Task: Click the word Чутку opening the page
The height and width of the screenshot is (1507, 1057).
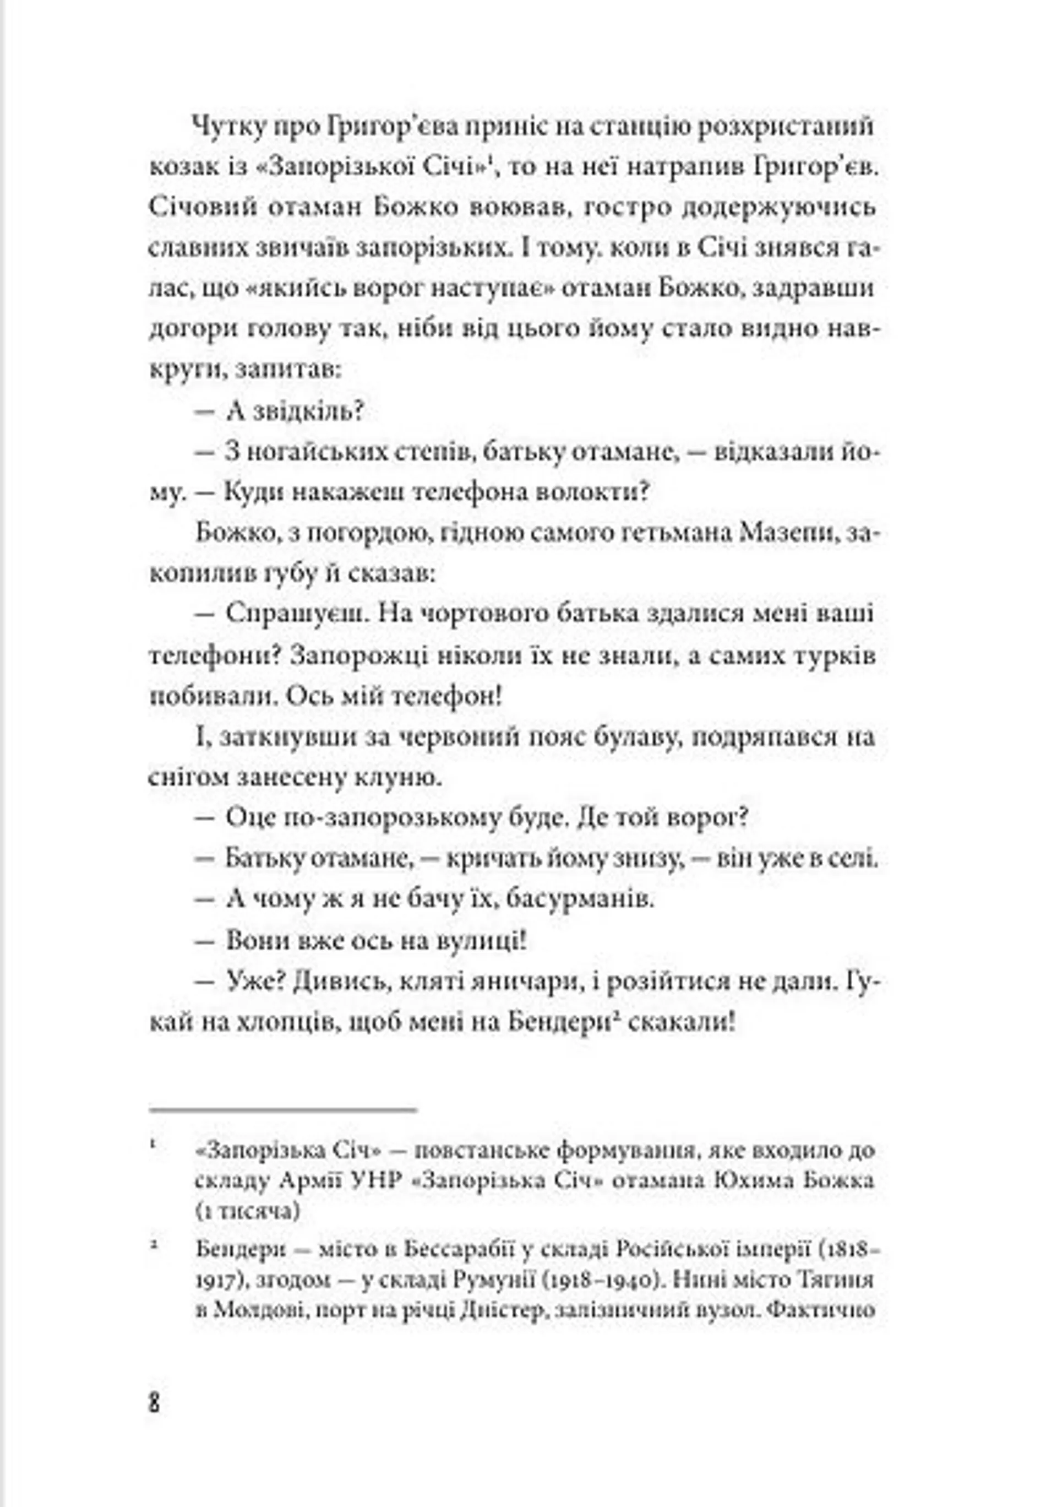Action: [229, 127]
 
